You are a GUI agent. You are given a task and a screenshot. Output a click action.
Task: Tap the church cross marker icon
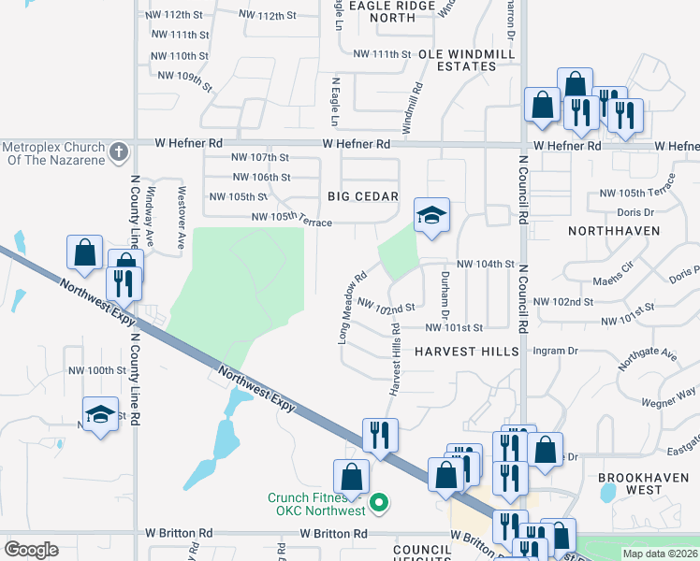(118, 151)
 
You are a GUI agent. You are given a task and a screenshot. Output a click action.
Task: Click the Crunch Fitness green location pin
(378, 504)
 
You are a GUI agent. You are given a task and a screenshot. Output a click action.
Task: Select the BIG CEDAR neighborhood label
(363, 197)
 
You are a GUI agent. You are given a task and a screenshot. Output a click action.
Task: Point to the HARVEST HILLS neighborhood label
(466, 352)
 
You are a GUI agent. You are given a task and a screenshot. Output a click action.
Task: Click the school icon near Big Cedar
(430, 216)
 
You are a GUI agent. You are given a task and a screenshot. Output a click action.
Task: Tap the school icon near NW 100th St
(100, 414)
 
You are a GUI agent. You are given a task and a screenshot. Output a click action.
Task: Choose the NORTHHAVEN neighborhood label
(620, 230)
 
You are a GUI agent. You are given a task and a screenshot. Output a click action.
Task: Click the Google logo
(31, 549)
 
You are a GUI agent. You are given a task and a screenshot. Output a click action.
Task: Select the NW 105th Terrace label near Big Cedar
(292, 219)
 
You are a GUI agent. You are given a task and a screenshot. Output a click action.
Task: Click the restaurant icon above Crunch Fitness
(380, 435)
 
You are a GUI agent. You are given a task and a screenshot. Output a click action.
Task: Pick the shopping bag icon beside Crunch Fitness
(350, 477)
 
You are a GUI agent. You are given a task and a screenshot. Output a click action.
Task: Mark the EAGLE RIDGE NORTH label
(381, 11)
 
